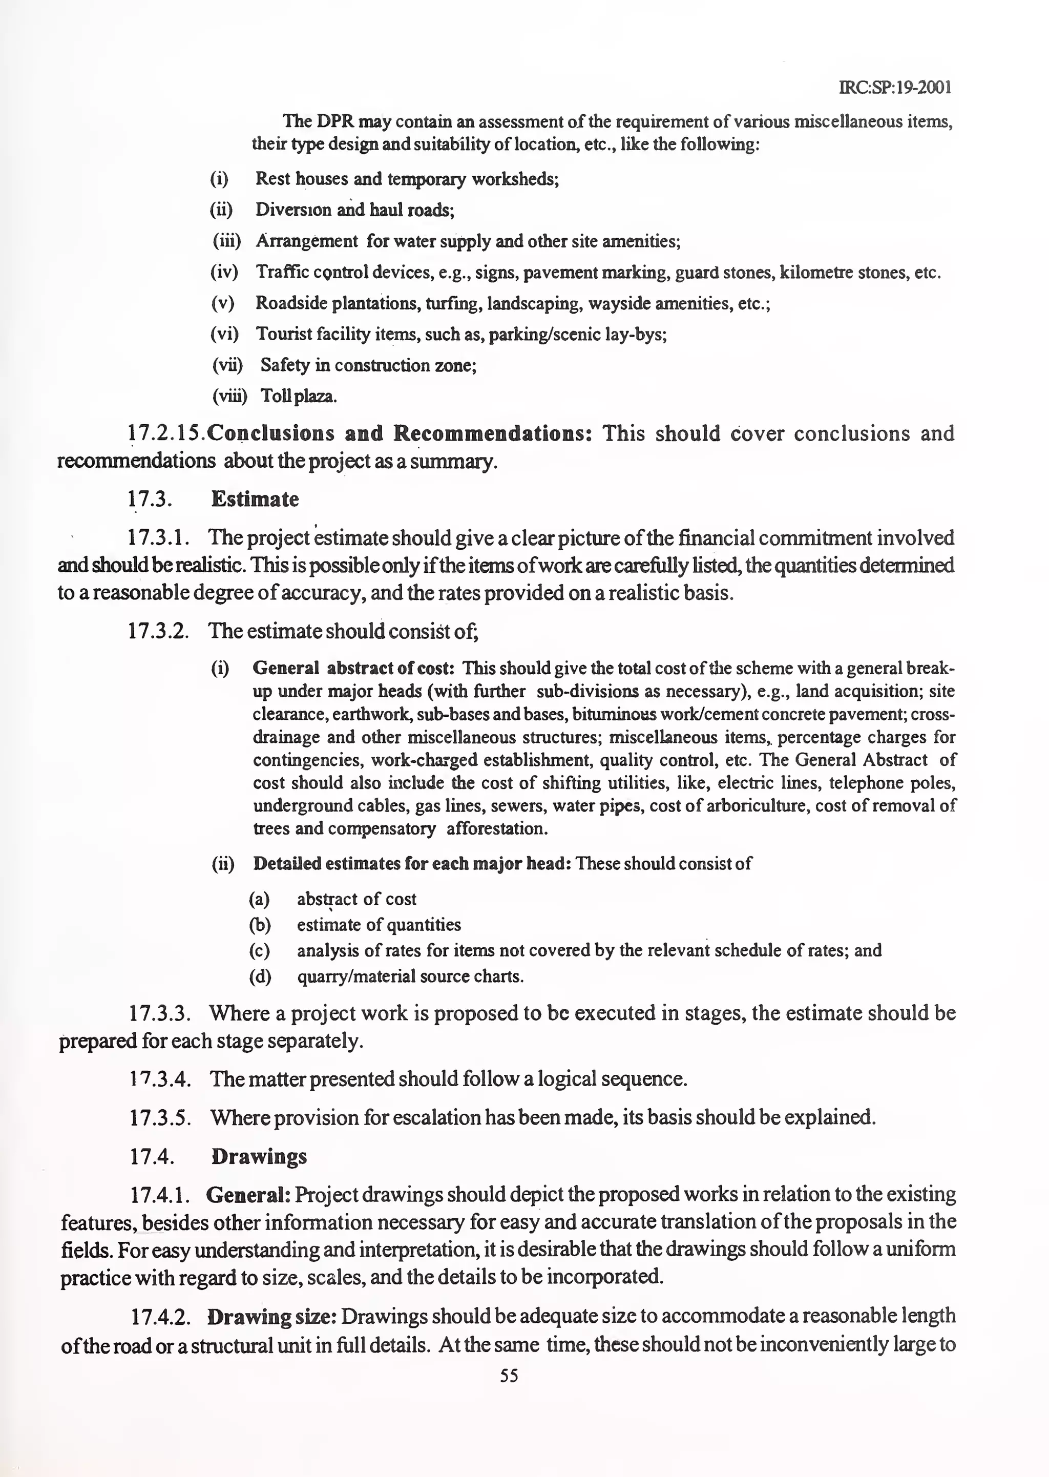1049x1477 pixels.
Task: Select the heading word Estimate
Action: pos(255,500)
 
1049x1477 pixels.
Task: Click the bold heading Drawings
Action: pos(259,1156)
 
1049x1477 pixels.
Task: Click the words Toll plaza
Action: pos(299,396)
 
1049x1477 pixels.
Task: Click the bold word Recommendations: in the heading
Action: pos(493,433)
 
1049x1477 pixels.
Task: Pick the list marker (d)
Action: pos(260,976)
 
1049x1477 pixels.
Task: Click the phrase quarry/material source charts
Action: pos(410,976)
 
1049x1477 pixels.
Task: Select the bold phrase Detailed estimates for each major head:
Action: pos(411,864)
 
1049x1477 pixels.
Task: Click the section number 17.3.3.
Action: pos(159,1013)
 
